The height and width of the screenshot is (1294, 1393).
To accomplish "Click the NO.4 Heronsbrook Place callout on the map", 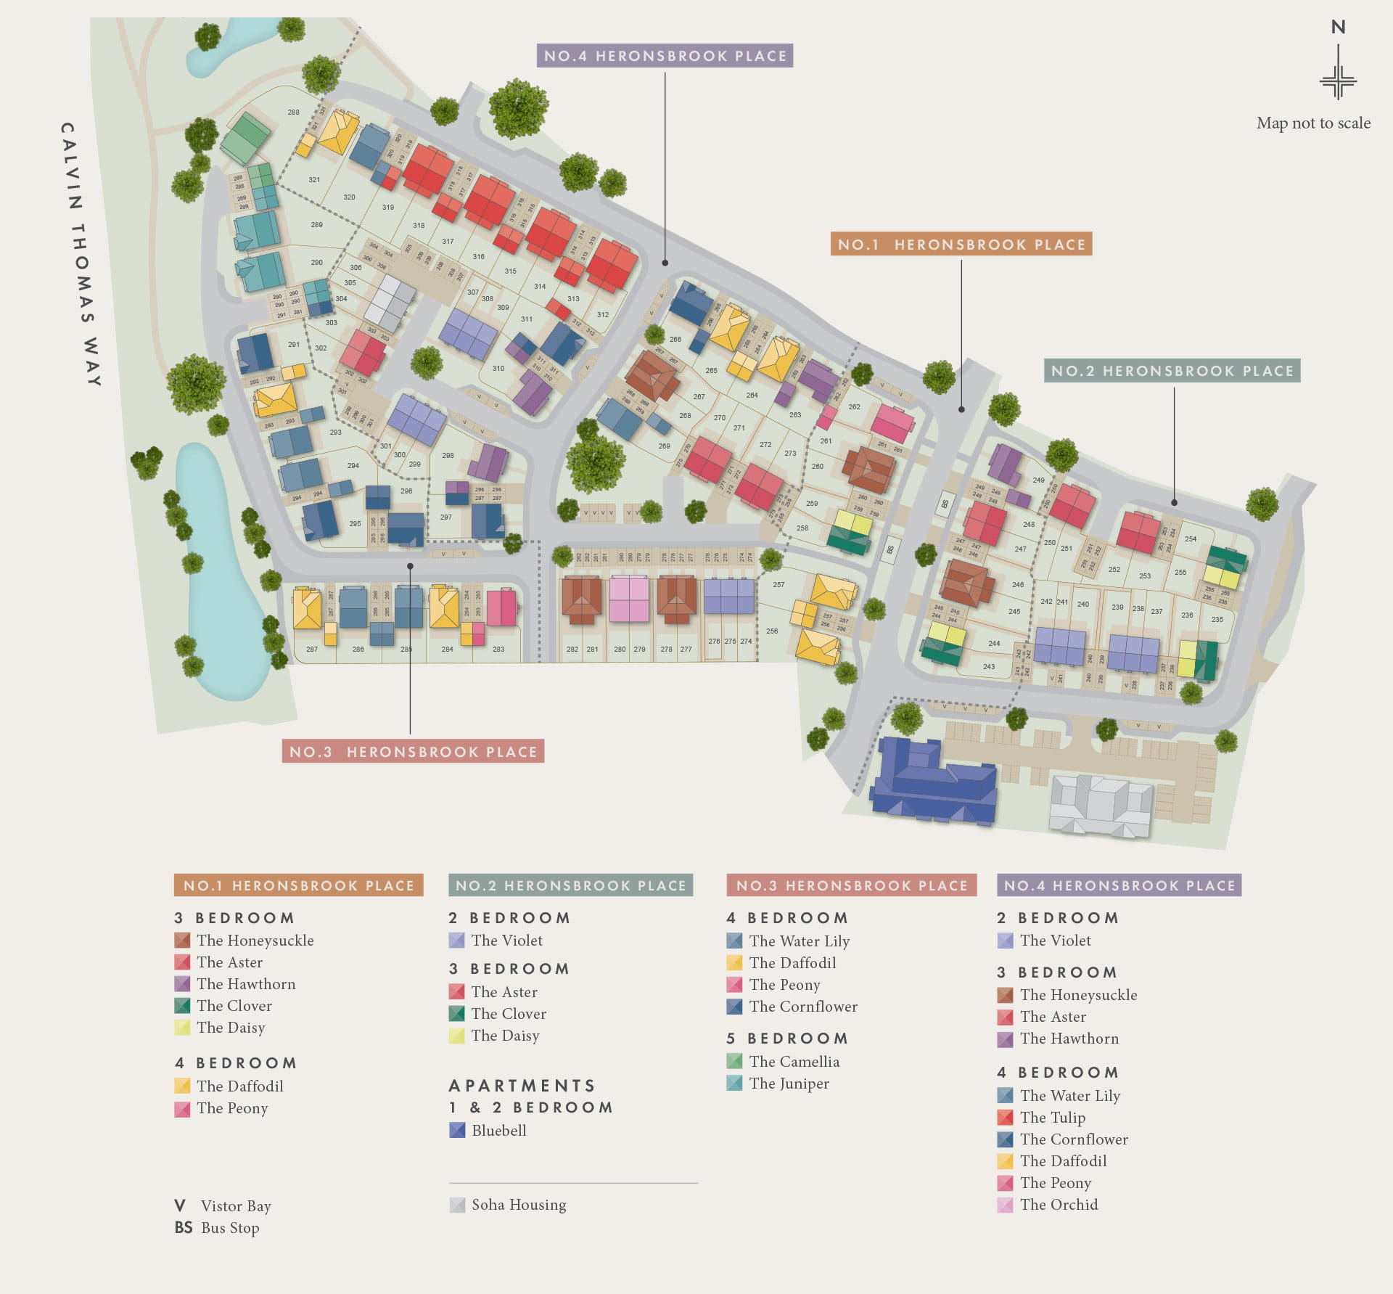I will tap(665, 56).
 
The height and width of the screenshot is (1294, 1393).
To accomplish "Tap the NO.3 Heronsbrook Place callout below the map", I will tap(413, 751).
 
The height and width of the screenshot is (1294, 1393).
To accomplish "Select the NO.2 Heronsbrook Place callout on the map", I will tap(1172, 371).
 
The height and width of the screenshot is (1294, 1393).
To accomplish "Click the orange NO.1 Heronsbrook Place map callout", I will tap(961, 245).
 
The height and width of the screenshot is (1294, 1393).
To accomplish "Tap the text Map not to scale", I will tap(1313, 123).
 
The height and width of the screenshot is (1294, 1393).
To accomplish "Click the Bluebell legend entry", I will tap(498, 1130).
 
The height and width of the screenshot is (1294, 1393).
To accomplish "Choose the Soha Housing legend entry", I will tap(518, 1205).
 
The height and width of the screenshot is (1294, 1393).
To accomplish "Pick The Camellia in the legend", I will tap(794, 1061).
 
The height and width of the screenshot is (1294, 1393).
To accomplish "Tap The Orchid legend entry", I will tap(1058, 1205).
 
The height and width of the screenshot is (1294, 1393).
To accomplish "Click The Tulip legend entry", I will tap(1052, 1117).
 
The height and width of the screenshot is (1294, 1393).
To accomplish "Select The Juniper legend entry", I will tap(789, 1083).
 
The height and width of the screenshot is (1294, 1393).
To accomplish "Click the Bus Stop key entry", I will tap(229, 1228).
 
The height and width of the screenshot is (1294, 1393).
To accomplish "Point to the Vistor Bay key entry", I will tap(235, 1206).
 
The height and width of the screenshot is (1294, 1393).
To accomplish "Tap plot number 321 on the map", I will tap(314, 179).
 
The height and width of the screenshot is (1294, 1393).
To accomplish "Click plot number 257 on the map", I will tap(778, 584).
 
